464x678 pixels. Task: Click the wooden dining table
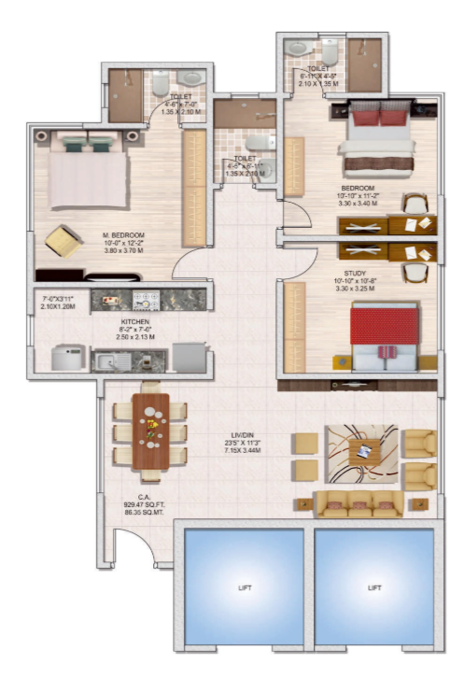tap(150, 431)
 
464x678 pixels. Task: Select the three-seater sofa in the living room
tap(359, 504)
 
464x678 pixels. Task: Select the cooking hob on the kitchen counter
tap(147, 302)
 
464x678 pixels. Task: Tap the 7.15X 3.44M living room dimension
tap(247, 451)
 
